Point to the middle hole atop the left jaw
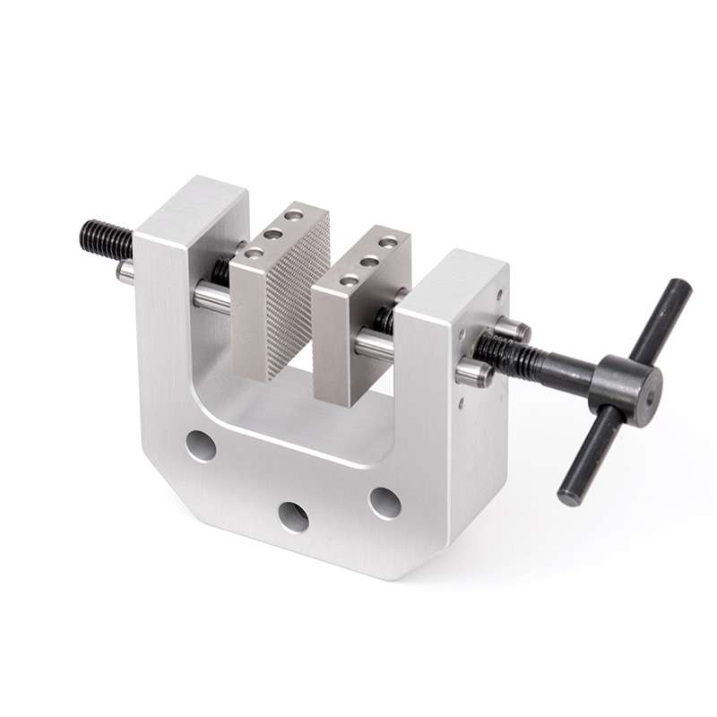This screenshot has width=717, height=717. (x=273, y=234)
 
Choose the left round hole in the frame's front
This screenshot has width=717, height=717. (x=200, y=445)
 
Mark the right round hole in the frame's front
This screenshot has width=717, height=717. (x=384, y=503)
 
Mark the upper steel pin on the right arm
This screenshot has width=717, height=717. (x=512, y=329)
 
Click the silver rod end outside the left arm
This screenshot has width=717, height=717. (x=125, y=271)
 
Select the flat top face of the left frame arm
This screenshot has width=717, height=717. (x=192, y=203)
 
